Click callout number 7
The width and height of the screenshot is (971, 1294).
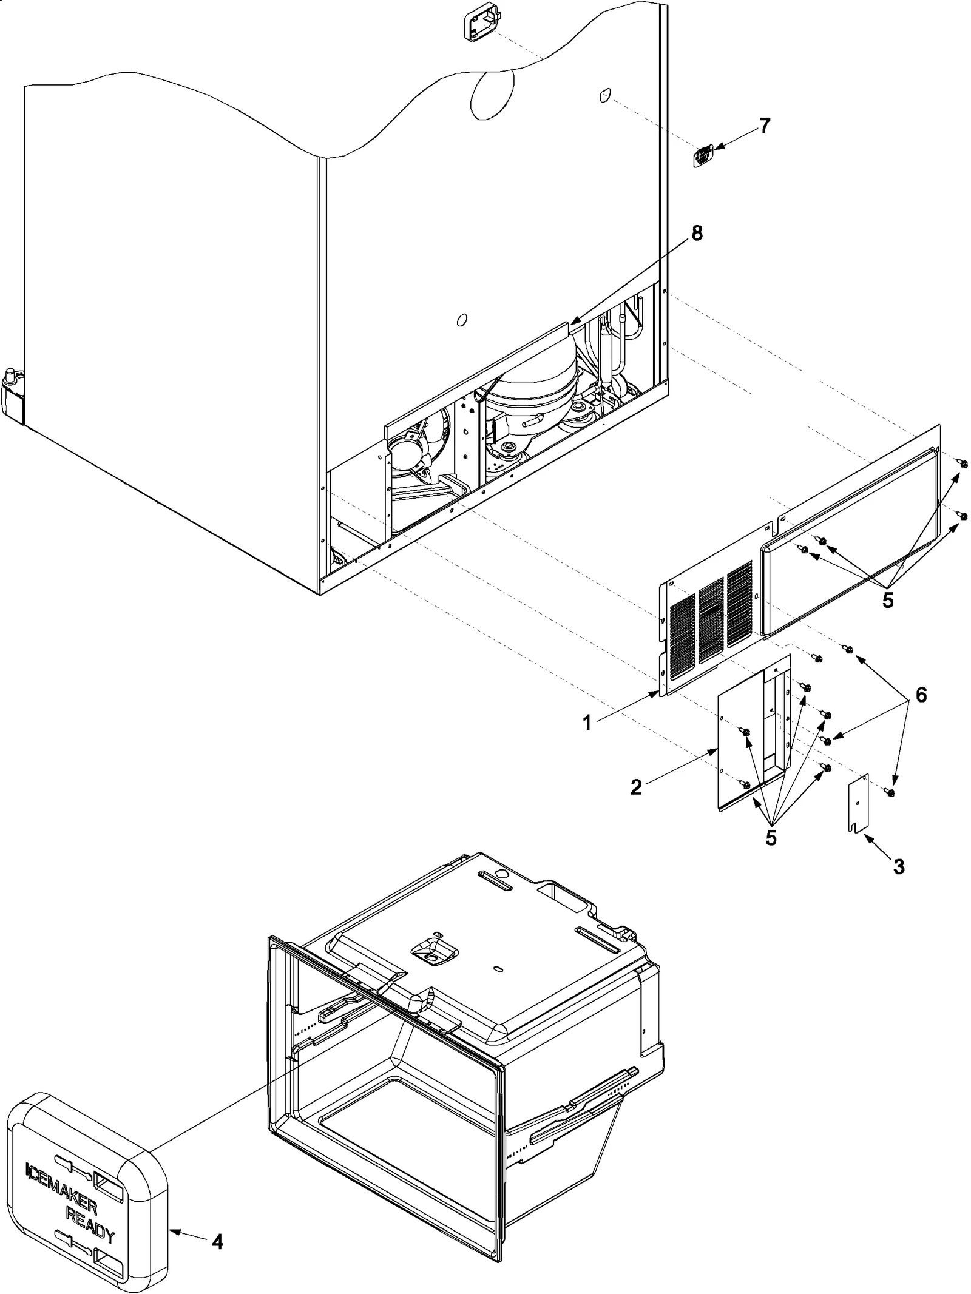[x=764, y=126]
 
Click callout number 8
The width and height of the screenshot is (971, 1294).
[x=697, y=233]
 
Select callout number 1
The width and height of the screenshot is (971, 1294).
[x=587, y=723]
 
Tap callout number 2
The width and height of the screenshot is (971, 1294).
[x=635, y=787]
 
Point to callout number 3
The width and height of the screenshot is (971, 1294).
[x=899, y=867]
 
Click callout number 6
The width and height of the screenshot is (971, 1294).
[x=921, y=695]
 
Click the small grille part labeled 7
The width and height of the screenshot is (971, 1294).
[x=703, y=156]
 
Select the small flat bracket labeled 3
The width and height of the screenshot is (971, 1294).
[x=858, y=803]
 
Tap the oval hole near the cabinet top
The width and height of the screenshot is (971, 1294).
[x=604, y=95]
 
